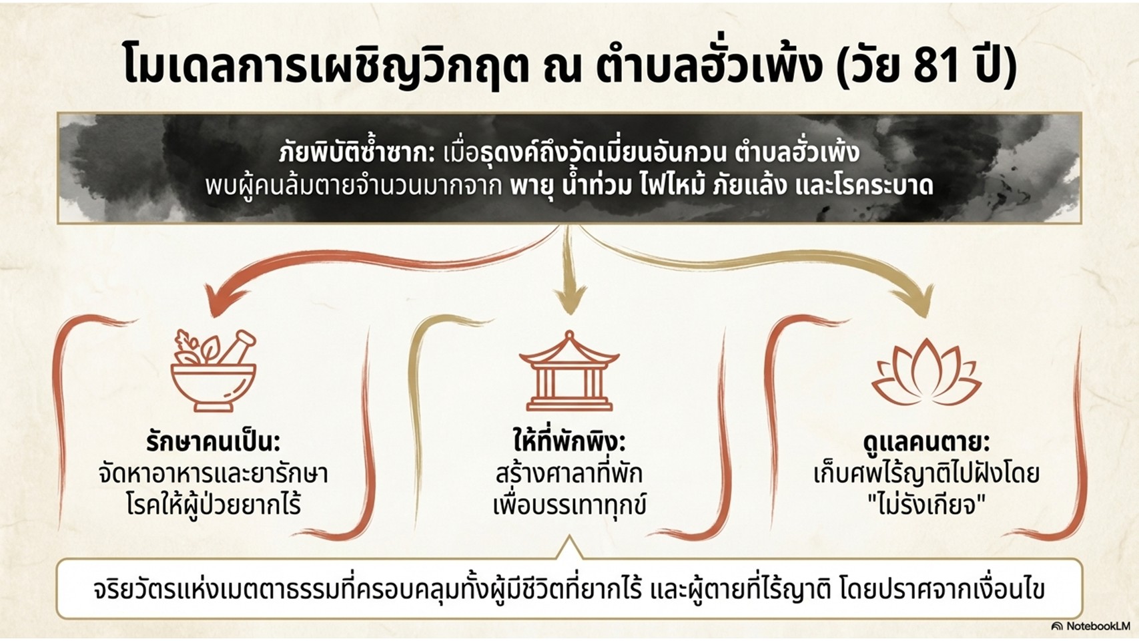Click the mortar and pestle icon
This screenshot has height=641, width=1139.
(214, 371)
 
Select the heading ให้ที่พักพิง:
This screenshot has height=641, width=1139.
(568, 442)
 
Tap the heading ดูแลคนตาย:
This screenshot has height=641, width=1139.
(925, 442)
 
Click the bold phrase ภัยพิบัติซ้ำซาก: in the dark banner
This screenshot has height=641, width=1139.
(356, 154)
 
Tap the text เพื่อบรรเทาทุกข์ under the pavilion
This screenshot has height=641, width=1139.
(568, 505)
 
